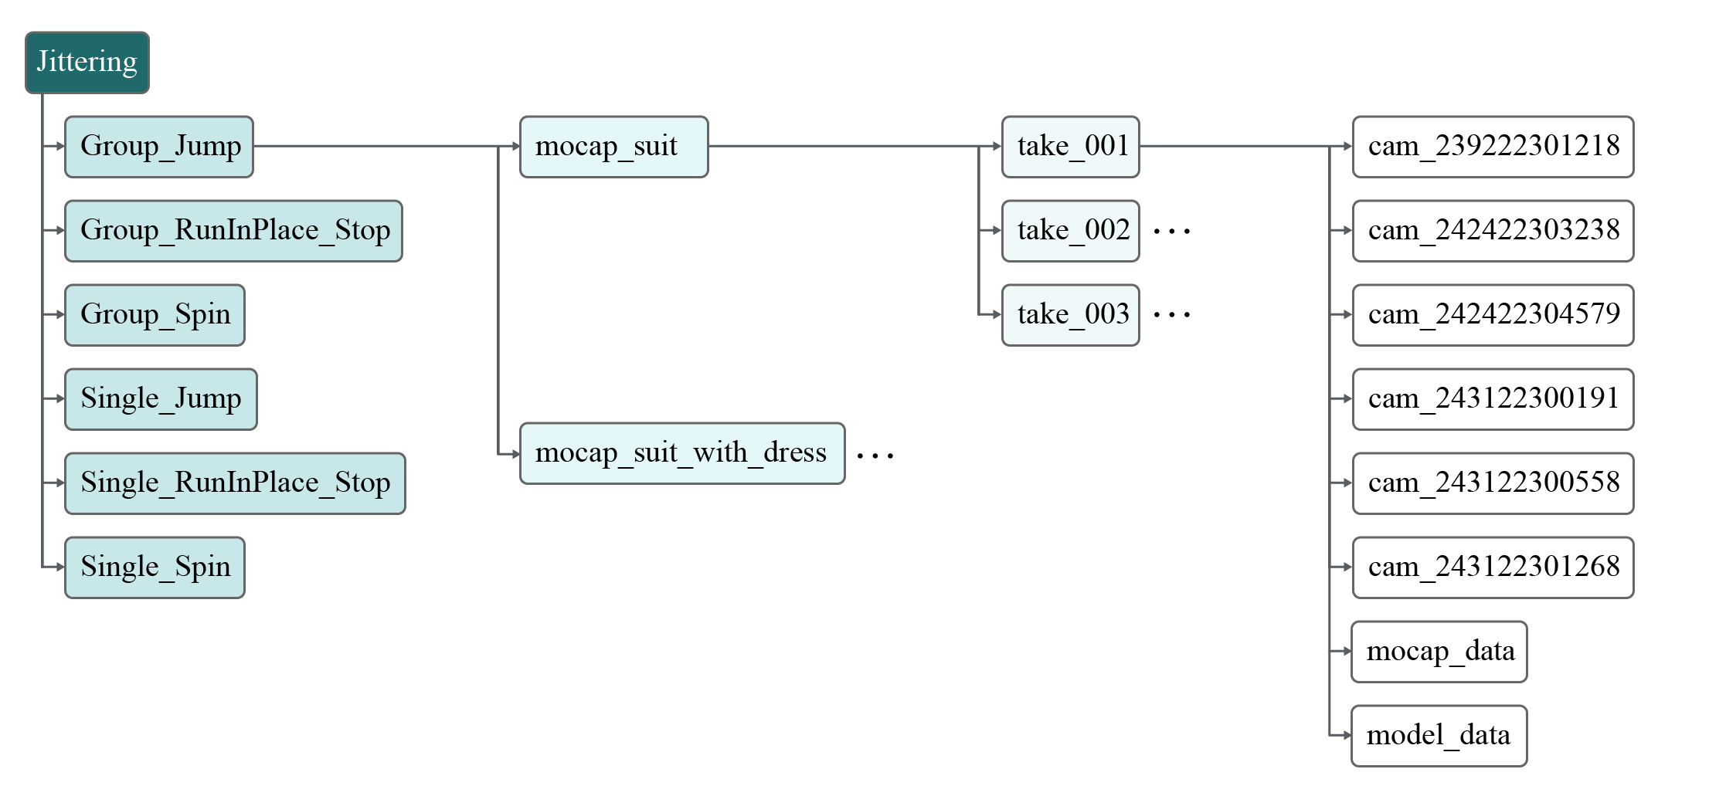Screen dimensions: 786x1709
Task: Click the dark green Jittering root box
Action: click(87, 63)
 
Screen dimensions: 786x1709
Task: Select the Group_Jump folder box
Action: click(159, 147)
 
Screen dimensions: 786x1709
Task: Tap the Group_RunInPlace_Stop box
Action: click(233, 231)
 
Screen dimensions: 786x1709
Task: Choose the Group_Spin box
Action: click(155, 315)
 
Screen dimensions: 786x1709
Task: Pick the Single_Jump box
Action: click(161, 399)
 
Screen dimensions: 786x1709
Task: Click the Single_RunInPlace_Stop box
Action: click(235, 483)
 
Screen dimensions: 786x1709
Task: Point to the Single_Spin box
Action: click(155, 567)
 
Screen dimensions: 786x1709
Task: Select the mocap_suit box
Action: click(613, 147)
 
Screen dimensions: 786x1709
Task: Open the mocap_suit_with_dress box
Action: click(682, 453)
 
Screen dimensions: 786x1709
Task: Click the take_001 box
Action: click(1070, 147)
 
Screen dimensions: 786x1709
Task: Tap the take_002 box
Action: click(1070, 231)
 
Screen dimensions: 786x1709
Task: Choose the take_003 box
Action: click(1070, 315)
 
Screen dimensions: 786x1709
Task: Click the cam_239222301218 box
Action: click(1493, 147)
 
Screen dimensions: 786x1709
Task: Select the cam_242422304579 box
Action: click(1493, 315)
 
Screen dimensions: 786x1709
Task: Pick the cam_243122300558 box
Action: click(1493, 483)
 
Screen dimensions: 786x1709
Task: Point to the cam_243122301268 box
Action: click(1493, 567)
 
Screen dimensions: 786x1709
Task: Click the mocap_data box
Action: click(1439, 652)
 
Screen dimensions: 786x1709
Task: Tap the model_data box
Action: click(1439, 736)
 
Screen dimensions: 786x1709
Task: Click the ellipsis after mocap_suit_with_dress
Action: click(875, 456)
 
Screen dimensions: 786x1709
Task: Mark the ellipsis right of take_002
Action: click(1171, 231)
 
